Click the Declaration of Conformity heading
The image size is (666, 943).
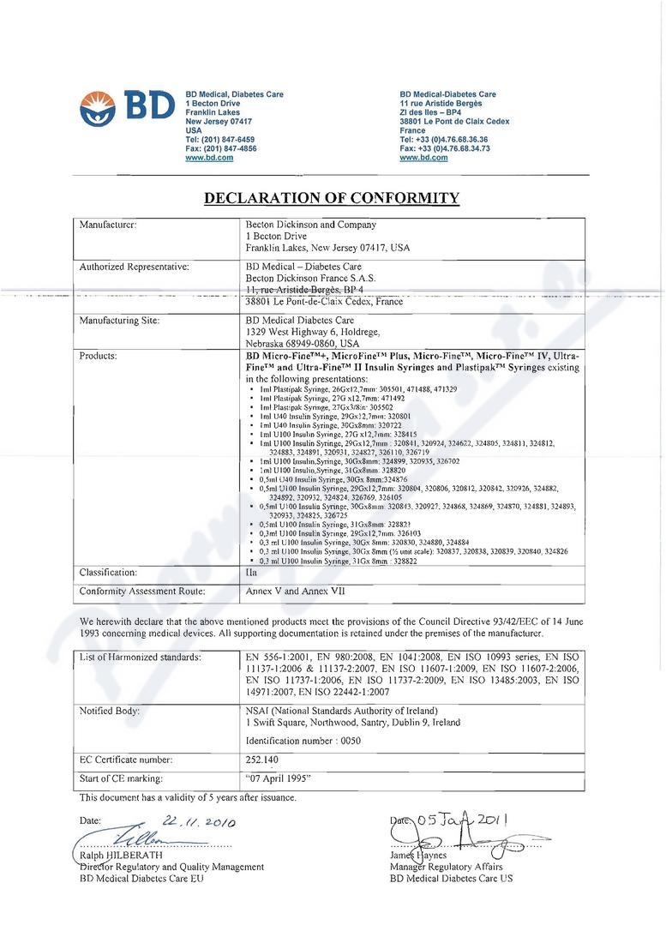pyautogui.click(x=331, y=199)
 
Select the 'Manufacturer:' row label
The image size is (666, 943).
pyautogui.click(x=109, y=225)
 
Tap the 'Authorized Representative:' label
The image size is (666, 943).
pyautogui.click(x=134, y=267)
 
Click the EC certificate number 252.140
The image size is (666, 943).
pyautogui.click(x=261, y=760)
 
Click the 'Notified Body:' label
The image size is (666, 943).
pyautogui.click(x=110, y=712)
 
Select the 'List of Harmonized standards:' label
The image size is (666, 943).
pyautogui.click(x=140, y=657)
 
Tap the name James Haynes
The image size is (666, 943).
pyautogui.click(x=418, y=856)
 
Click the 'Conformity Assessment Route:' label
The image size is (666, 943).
pyautogui.click(x=142, y=591)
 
